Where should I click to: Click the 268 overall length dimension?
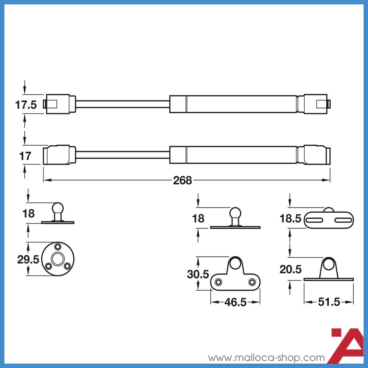click(x=183, y=180)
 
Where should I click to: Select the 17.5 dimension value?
click(x=26, y=105)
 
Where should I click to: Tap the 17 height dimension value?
click(x=25, y=156)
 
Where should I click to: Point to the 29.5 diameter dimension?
click(x=28, y=259)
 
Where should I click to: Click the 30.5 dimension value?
click(x=198, y=274)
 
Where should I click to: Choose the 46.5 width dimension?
click(x=235, y=302)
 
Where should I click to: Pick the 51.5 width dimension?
click(x=329, y=302)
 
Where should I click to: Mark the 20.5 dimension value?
click(x=290, y=269)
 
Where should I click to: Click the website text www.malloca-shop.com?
click(x=266, y=358)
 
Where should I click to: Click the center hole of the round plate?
click(x=58, y=259)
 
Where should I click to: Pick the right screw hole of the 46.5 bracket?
click(x=252, y=282)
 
